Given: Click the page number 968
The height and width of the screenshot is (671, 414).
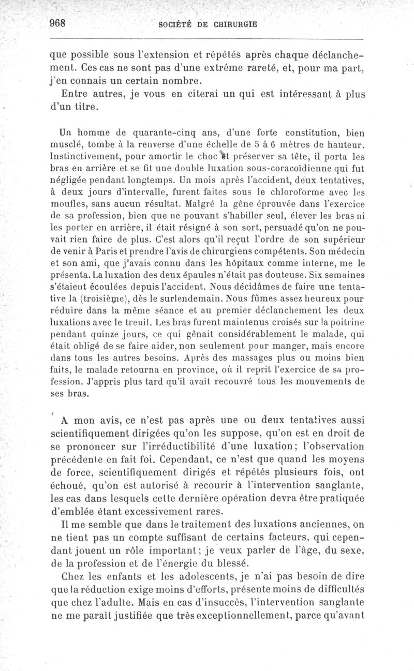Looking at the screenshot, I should point(60,23).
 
